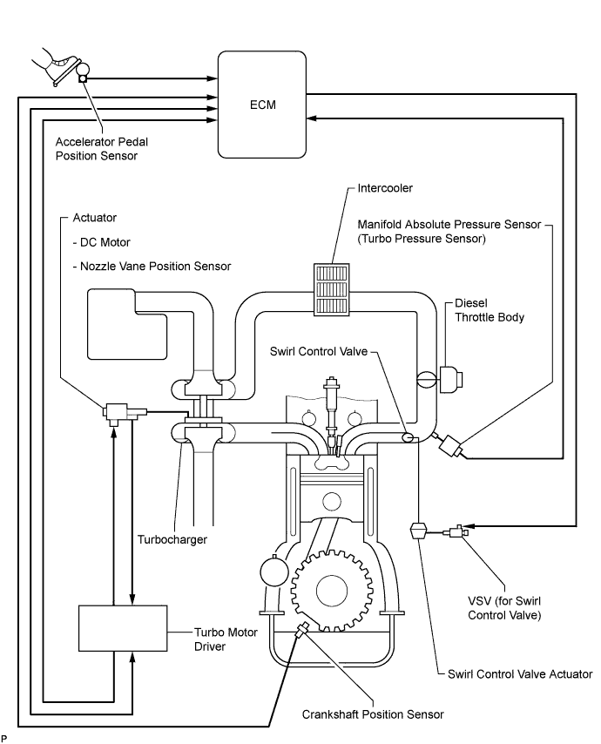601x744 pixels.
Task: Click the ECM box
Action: [x=262, y=105]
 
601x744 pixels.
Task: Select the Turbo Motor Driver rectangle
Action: [x=123, y=628]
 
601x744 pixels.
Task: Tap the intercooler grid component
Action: [x=332, y=289]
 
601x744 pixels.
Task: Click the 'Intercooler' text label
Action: [x=385, y=188]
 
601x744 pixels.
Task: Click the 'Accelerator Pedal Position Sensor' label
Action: [x=102, y=149]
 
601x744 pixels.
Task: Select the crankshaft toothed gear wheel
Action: [x=331, y=590]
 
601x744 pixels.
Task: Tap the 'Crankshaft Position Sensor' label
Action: [x=373, y=714]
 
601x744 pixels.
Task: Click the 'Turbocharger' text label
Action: [x=172, y=539]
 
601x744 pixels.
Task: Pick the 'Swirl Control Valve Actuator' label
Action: [x=520, y=673]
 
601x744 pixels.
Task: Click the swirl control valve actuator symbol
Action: [x=418, y=530]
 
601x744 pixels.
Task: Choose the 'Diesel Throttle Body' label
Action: [x=490, y=310]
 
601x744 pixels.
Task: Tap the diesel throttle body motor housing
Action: [x=450, y=379]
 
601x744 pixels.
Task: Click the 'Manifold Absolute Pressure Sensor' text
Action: [x=449, y=225]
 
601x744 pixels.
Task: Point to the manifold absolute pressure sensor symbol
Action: [x=449, y=446]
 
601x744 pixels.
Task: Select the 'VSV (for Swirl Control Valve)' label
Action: [x=504, y=608]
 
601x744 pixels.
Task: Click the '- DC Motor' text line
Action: [x=102, y=242]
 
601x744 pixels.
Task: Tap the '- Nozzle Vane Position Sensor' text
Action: [x=152, y=267]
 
